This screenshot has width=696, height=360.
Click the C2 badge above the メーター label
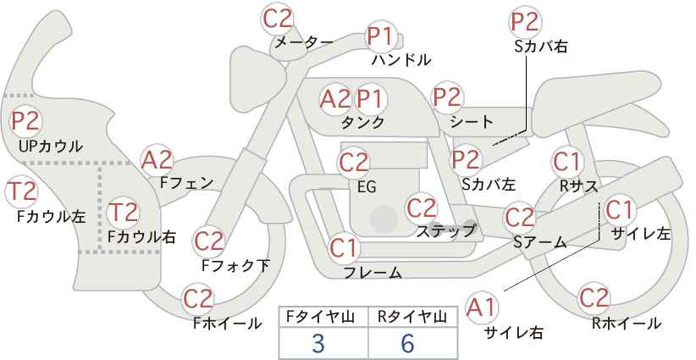[278, 19]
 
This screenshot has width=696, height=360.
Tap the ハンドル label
[401, 60]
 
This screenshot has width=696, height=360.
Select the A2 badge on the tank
[335, 99]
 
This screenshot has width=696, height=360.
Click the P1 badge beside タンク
[371, 99]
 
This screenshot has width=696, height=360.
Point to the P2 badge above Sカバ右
[525, 22]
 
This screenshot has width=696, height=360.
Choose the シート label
[472, 122]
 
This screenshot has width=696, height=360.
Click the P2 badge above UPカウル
[25, 121]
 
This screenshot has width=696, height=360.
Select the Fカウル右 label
[141, 237]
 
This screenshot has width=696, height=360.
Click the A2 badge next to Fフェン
[157, 161]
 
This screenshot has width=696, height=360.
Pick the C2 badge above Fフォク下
[208, 242]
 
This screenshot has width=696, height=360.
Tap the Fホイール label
[227, 324]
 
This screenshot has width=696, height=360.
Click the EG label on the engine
[367, 187]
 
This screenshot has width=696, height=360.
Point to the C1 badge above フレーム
[344, 248]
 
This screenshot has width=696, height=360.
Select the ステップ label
[445, 231]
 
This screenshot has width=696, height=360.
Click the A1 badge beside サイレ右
[482, 307]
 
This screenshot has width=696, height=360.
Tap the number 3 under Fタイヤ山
[318, 343]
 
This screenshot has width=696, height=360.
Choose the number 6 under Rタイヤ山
[406, 343]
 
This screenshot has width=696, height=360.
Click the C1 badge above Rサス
[567, 162]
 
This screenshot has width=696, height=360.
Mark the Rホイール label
[627, 324]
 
